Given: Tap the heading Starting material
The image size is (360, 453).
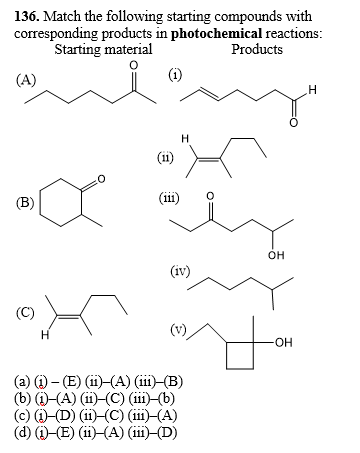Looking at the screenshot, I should pos(103,49).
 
